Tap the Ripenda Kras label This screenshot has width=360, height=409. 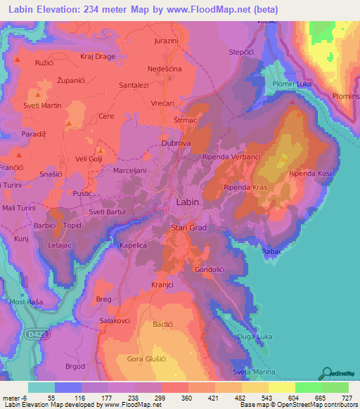[243, 188]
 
